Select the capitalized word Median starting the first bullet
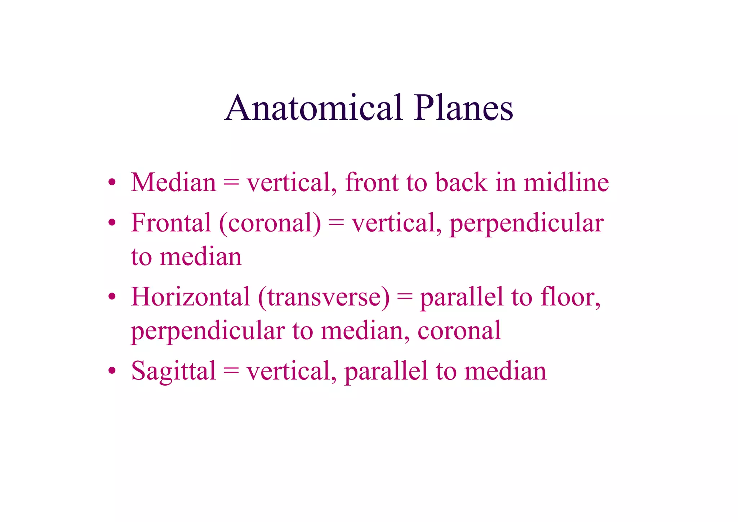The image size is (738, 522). click(x=173, y=182)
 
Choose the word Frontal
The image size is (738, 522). click(x=171, y=223)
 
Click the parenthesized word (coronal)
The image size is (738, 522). click(x=270, y=223)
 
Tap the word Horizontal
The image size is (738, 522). click(x=190, y=297)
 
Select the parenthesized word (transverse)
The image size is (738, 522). click(x=324, y=297)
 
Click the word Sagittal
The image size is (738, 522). click(x=173, y=371)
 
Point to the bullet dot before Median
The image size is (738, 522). click(x=112, y=182)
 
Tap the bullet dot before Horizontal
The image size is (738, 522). click(x=112, y=297)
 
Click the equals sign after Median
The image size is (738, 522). click(x=231, y=182)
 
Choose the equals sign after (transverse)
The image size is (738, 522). click(x=405, y=297)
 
